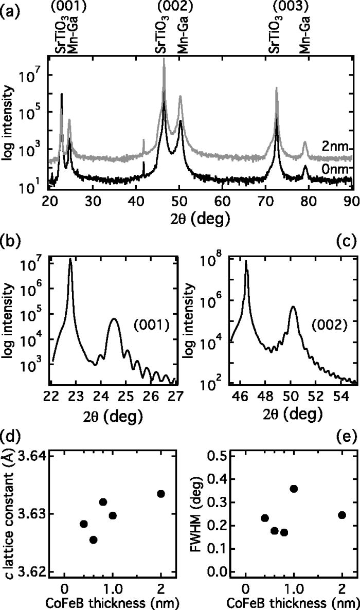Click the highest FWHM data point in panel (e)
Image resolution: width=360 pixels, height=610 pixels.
[x=294, y=488]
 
